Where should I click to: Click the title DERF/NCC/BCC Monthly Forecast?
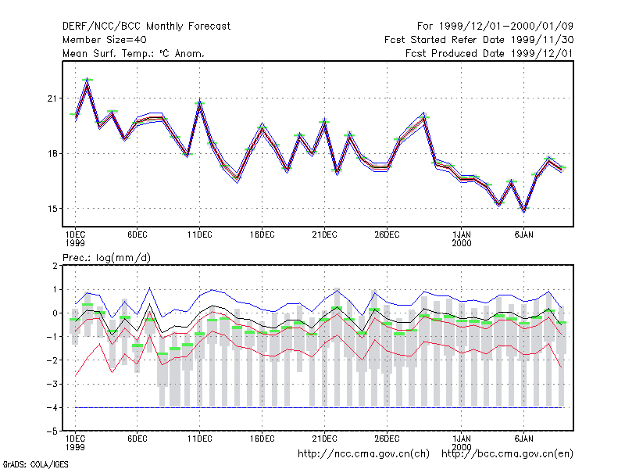pyautogui.click(x=146, y=27)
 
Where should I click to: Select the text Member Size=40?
pyautogui.click(x=105, y=40)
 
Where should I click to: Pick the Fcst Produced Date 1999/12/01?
pyautogui.click(x=490, y=53)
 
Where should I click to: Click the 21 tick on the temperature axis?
pyautogui.click(x=52, y=98)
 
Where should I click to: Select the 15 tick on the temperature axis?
pyautogui.click(x=52, y=209)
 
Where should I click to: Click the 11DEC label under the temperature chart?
pyautogui.click(x=200, y=235)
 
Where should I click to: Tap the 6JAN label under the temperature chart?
pyautogui.click(x=523, y=235)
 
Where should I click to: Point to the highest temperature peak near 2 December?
pyautogui.click(x=87, y=80)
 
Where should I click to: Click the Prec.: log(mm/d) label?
pyautogui.click(x=106, y=258)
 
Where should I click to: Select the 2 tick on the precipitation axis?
pyautogui.click(x=55, y=266)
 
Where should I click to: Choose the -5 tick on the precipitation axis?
pyautogui.click(x=52, y=431)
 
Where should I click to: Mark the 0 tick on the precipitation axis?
pyautogui.click(x=55, y=313)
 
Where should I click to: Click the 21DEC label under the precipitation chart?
pyautogui.click(x=324, y=439)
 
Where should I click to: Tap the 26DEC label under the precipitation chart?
pyautogui.click(x=387, y=439)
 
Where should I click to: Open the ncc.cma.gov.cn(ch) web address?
pyautogui.click(x=363, y=454)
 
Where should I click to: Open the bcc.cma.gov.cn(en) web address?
pyautogui.click(x=507, y=454)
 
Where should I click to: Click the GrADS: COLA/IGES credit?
pyautogui.click(x=35, y=464)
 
